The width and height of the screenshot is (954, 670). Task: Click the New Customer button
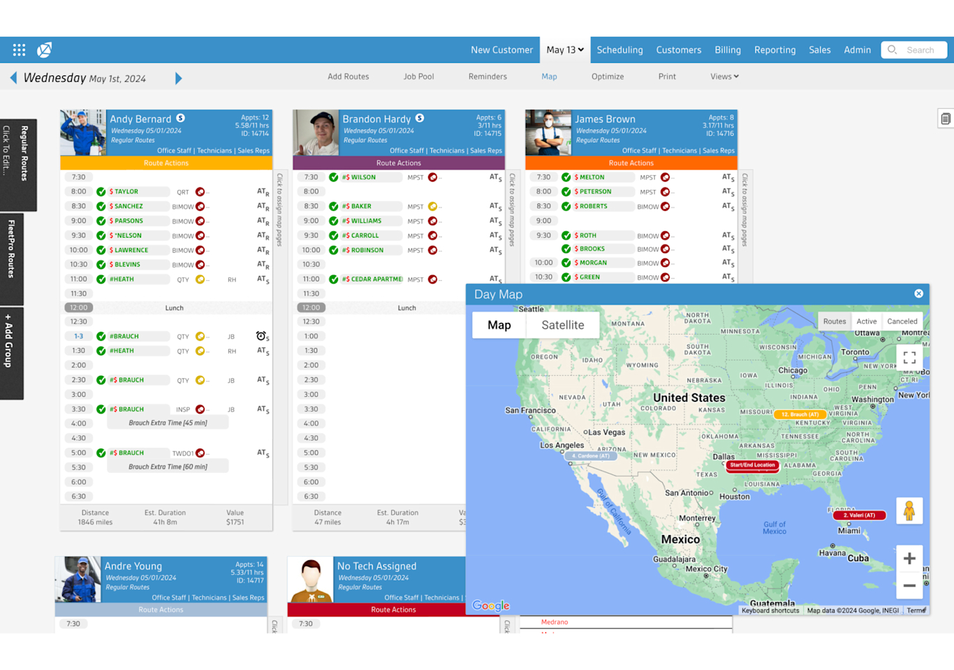(501, 50)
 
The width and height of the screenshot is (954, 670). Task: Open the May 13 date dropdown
(565, 50)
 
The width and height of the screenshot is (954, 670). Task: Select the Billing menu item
(727, 50)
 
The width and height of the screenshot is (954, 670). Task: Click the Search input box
(919, 50)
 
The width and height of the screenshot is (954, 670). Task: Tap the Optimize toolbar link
(607, 76)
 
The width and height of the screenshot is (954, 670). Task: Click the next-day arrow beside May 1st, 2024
(178, 78)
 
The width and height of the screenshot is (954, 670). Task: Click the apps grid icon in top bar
(19, 50)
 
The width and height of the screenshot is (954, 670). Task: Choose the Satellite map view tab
(562, 325)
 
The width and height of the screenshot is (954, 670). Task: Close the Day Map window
(918, 293)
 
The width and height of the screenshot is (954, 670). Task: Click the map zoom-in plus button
(909, 558)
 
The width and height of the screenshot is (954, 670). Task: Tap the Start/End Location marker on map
(752, 465)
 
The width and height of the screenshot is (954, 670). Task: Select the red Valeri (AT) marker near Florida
(858, 515)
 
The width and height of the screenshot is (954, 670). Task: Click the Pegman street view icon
(909, 511)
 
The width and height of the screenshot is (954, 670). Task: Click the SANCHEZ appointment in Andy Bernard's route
(129, 206)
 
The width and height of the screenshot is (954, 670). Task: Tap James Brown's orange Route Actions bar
(631, 163)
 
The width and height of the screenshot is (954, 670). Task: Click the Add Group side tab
(10, 353)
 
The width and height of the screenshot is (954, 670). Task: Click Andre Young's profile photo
(78, 579)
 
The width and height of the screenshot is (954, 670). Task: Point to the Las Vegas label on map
(607, 432)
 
